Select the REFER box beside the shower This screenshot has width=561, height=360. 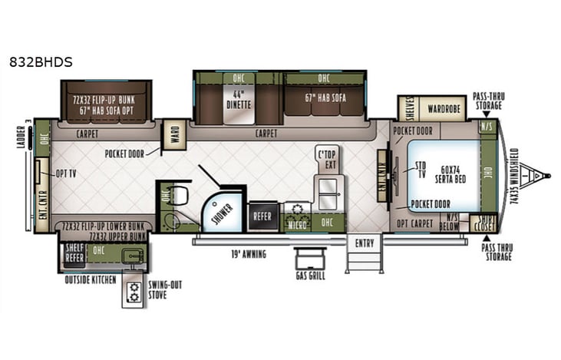tap(262, 216)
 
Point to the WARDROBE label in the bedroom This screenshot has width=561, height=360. tap(444, 108)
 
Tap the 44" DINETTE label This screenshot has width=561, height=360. tap(234, 101)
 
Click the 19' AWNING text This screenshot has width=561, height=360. tap(247, 253)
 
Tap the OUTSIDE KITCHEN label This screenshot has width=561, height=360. tap(90, 280)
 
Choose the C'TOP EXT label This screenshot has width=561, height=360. tap(328, 159)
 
